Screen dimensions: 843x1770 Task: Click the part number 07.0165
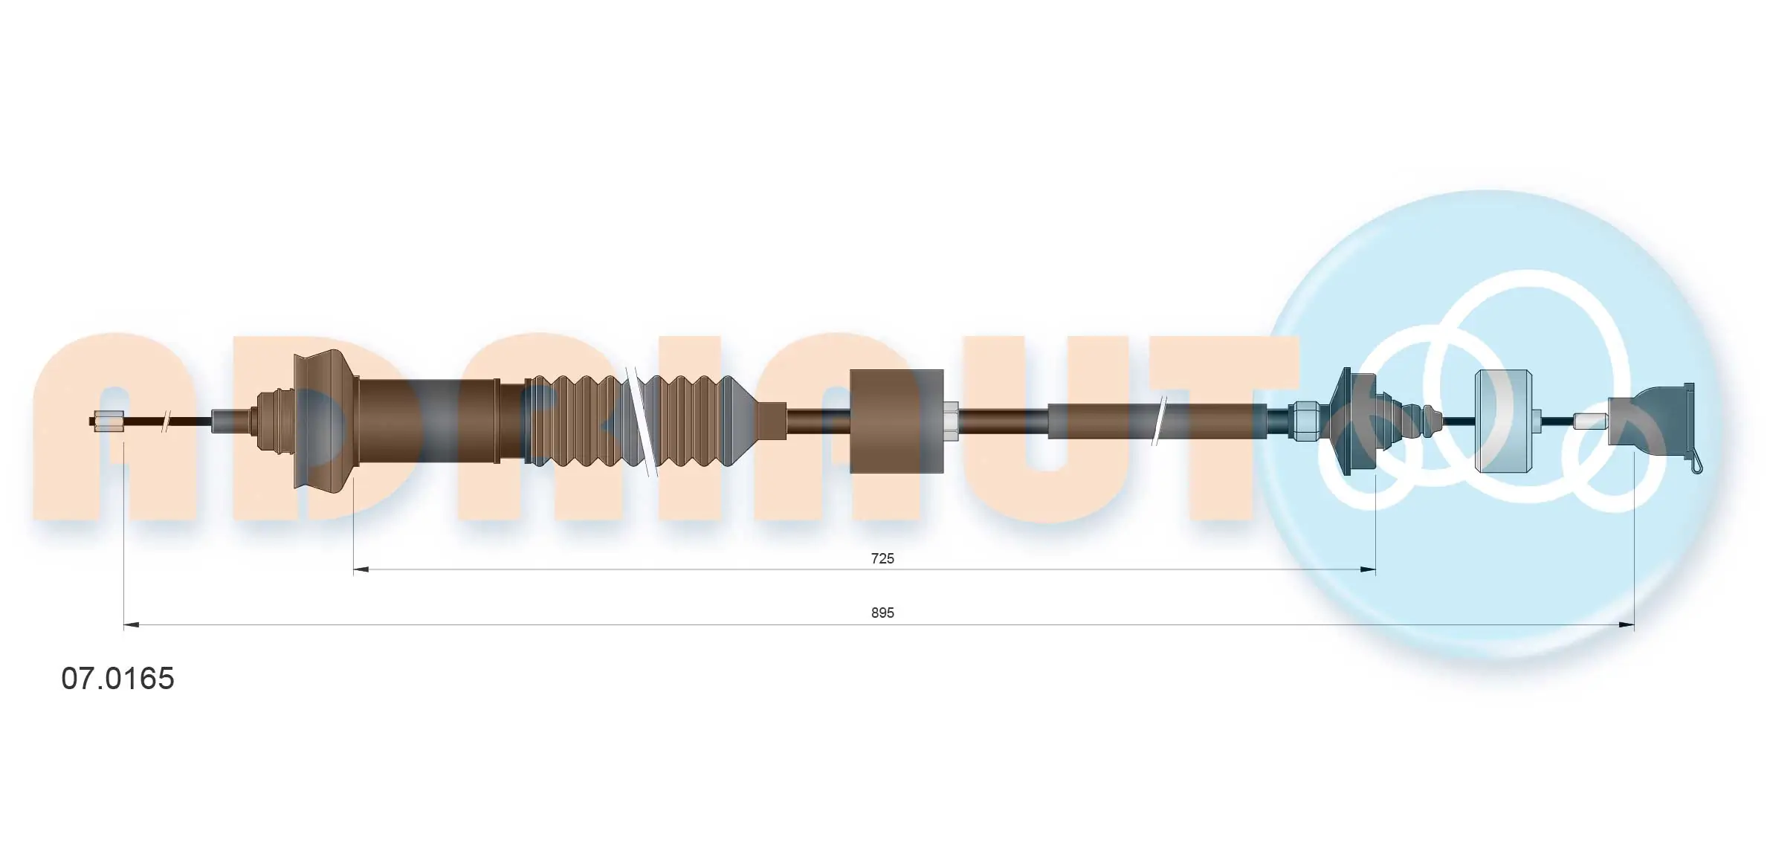point(117,679)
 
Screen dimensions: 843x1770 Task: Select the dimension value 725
point(882,558)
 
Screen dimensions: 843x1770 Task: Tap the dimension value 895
point(882,613)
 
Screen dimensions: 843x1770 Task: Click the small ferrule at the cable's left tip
point(110,421)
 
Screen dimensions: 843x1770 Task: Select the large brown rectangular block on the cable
point(897,421)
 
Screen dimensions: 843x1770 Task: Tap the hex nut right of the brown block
point(951,421)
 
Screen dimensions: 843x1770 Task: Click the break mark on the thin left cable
point(167,421)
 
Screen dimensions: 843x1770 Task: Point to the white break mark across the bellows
point(641,421)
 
